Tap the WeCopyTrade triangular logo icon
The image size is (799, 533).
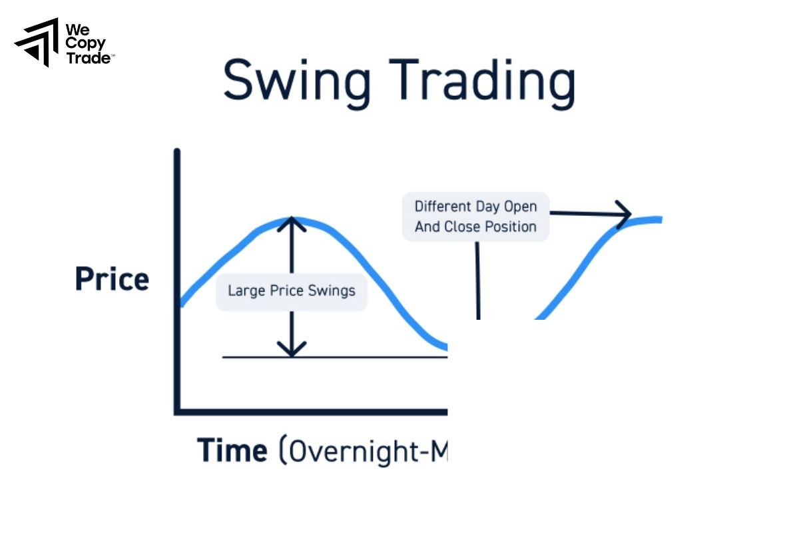pos(37,42)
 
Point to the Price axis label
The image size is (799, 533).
pos(112,279)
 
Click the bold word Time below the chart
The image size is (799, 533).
pos(232,450)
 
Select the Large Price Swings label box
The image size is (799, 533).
pos(291,291)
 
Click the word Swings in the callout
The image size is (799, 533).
pos(331,291)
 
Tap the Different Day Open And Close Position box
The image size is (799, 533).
pos(475,217)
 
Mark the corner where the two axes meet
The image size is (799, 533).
pos(178,411)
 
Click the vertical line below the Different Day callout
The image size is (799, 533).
pos(477,280)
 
